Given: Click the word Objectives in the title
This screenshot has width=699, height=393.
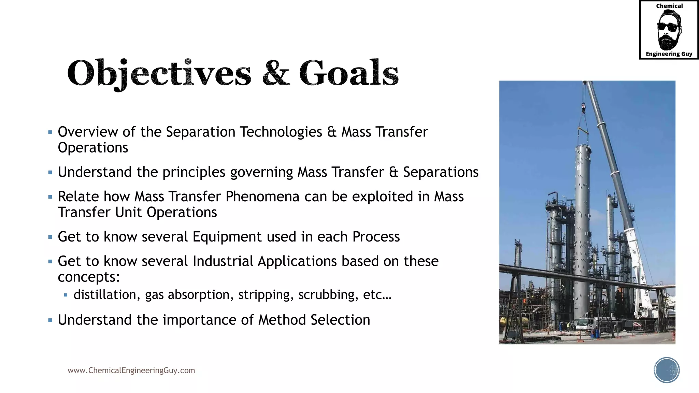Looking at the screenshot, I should pyautogui.click(x=159, y=73).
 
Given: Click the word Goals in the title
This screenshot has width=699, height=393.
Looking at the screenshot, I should pyautogui.click(x=349, y=73).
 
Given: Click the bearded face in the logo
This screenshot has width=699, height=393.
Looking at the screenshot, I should pyautogui.click(x=669, y=30).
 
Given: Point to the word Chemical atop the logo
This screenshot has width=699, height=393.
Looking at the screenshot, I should pyautogui.click(x=669, y=6).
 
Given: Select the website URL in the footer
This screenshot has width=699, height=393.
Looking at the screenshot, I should pyautogui.click(x=131, y=370).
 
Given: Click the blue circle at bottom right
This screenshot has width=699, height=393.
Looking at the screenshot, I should pyautogui.click(x=667, y=370).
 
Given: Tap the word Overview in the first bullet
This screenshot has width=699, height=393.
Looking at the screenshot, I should pyautogui.click(x=88, y=132).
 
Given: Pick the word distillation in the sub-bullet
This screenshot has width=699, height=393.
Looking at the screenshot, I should pyautogui.click(x=104, y=295).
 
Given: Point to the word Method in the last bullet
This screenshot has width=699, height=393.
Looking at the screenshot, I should pyautogui.click(x=282, y=320).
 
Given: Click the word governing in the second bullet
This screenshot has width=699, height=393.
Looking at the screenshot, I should pyautogui.click(x=261, y=172).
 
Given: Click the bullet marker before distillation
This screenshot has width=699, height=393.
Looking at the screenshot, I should pyautogui.click(x=66, y=295).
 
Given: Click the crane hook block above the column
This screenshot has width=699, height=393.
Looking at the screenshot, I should pyautogui.click(x=583, y=108).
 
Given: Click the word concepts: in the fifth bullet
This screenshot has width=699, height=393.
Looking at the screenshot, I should pyautogui.click(x=89, y=277).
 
